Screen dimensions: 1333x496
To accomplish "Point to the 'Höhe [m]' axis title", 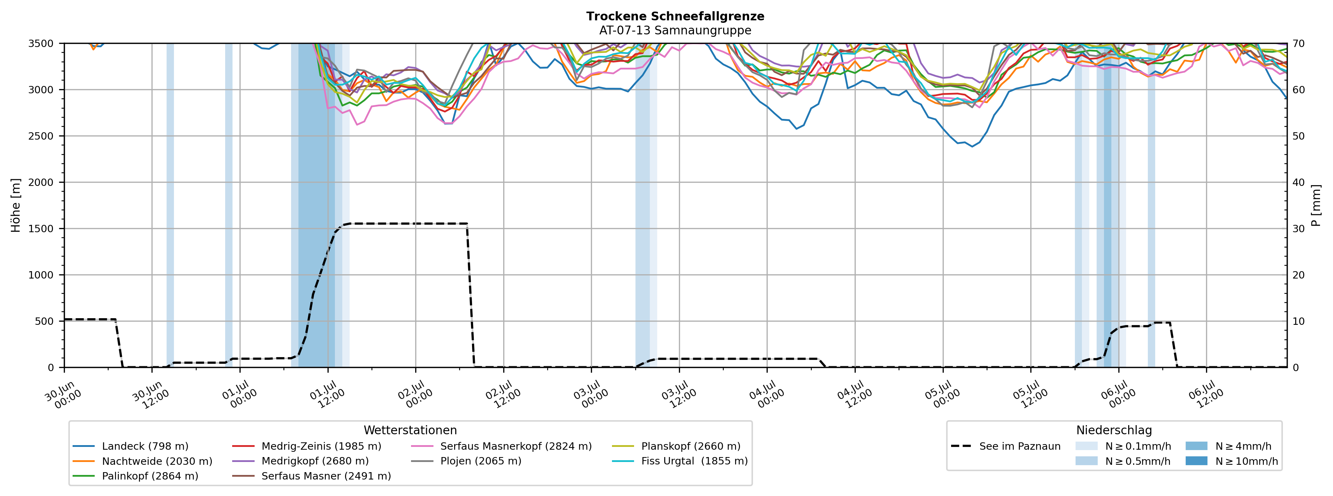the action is tap(15, 205).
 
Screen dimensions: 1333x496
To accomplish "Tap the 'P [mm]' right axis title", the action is tap(1316, 205).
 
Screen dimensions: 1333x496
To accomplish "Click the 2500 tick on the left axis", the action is tap(41, 136).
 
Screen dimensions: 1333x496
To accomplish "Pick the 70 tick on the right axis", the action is tap(1298, 43).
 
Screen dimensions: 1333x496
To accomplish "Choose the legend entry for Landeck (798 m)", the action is tap(130, 446).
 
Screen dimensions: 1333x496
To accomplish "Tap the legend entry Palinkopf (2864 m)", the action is tap(136, 476).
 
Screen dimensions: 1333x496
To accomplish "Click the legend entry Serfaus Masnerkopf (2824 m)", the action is tap(501, 446).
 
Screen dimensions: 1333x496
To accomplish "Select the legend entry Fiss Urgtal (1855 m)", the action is tap(680, 461).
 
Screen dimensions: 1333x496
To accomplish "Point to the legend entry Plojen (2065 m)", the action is tap(466, 461).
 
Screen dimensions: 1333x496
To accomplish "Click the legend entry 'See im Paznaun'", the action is tap(1006, 446).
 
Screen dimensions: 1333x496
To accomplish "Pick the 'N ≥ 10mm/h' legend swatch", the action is tap(1196, 461).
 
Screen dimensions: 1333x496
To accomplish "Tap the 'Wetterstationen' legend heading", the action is tap(410, 430).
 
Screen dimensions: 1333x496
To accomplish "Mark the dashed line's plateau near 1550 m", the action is tap(409, 224).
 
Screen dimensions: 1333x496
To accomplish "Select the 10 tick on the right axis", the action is tap(1298, 321).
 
